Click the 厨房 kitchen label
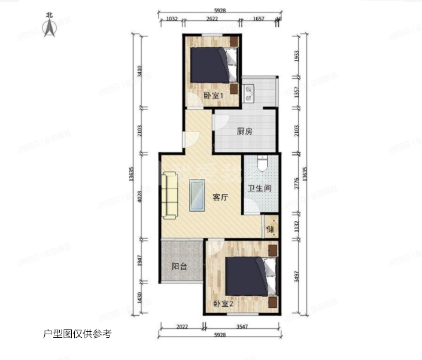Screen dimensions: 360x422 (244, 132)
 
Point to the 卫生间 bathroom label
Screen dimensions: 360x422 (260, 188)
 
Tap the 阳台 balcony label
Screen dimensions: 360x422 (179, 266)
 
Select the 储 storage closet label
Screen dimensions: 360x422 (270, 228)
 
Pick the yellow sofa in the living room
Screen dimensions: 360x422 (169, 194)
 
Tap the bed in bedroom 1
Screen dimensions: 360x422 (212, 65)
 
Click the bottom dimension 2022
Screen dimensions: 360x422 (183, 327)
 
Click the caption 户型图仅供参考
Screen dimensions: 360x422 (77, 334)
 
